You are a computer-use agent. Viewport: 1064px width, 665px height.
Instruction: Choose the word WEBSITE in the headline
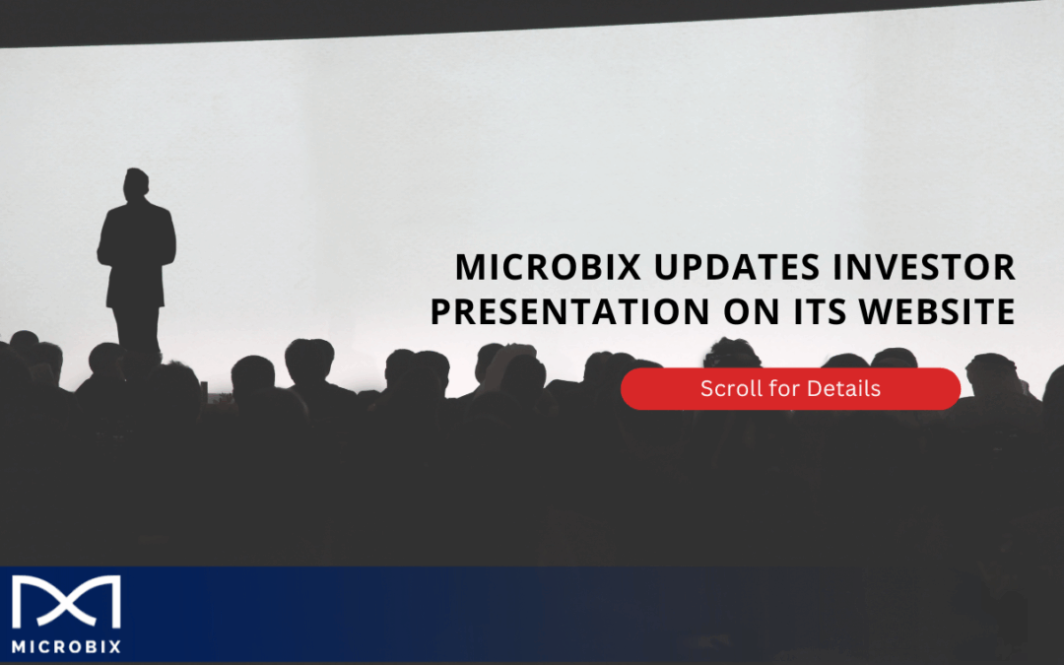[x=940, y=312]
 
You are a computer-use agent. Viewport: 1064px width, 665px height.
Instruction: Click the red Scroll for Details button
[x=790, y=389]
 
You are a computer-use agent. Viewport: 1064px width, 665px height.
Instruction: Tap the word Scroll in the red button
[x=730, y=389]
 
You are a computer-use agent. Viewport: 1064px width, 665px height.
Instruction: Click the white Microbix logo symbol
[x=66, y=602]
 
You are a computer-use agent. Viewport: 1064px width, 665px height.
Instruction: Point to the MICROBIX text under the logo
[x=66, y=647]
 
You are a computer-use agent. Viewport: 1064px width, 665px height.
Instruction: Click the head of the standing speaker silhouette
[x=137, y=184]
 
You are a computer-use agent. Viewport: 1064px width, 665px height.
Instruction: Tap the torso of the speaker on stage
[x=136, y=251]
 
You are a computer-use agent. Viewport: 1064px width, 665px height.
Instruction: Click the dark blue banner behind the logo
[x=394, y=616]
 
